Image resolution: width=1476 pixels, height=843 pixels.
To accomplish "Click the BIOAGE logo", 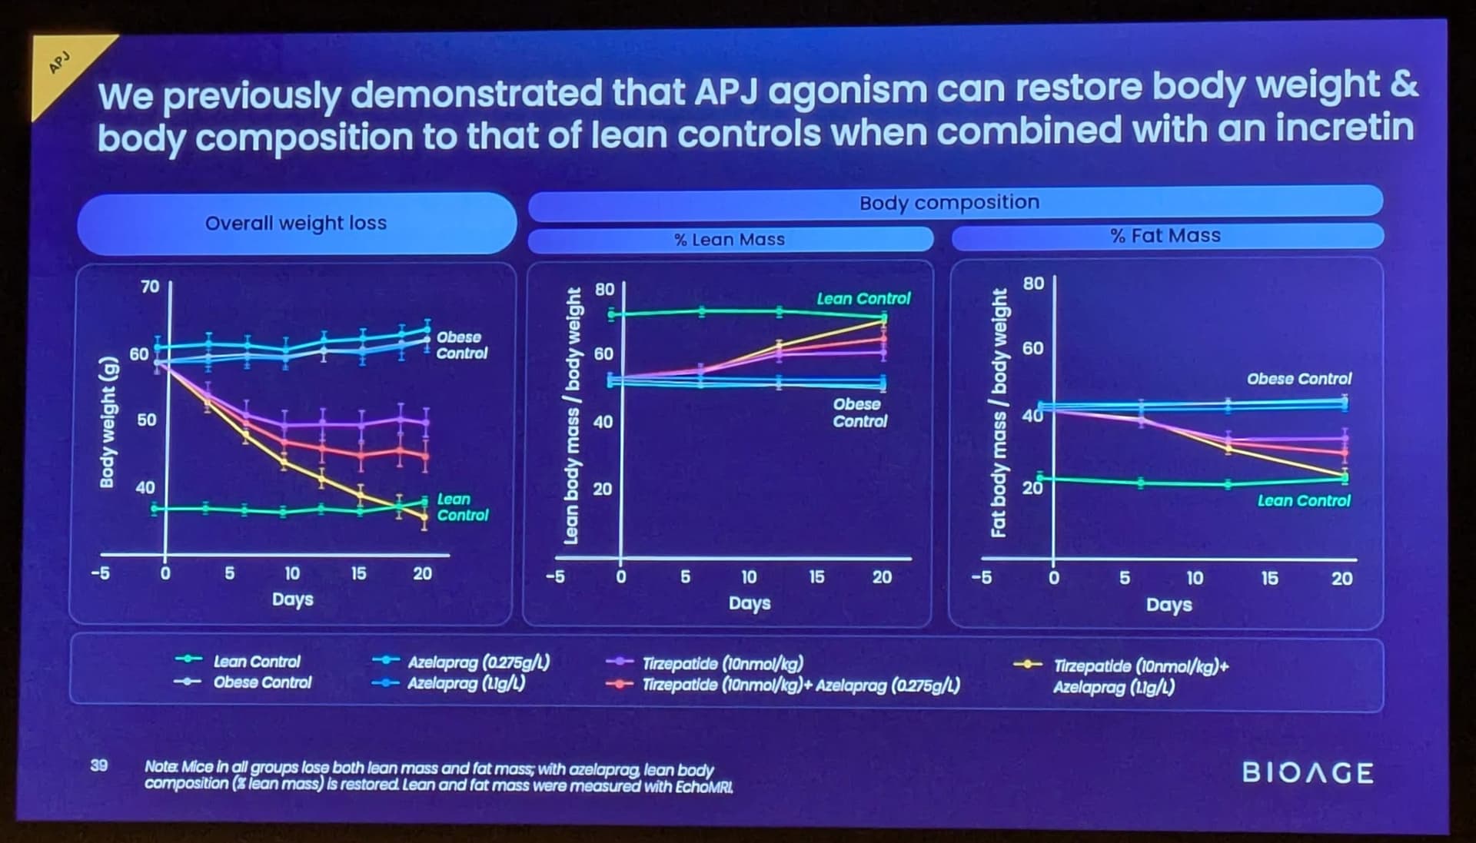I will (1307, 772).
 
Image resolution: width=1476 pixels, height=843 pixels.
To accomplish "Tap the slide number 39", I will (99, 765).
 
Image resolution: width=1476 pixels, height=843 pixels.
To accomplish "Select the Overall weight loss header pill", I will (296, 223).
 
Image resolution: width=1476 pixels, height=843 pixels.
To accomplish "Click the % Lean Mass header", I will (730, 240).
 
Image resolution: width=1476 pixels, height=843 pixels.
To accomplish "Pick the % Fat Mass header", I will (1165, 236).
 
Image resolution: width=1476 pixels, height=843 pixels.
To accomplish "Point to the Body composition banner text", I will (949, 203).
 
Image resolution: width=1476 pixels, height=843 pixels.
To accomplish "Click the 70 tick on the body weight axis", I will (149, 287).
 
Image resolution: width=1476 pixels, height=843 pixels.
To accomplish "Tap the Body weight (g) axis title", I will (108, 422).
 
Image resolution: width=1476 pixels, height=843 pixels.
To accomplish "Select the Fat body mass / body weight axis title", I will (999, 413).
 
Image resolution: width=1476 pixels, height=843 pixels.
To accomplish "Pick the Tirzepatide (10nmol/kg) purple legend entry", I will (722, 664).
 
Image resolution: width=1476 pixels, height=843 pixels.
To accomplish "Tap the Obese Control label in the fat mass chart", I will (1298, 379).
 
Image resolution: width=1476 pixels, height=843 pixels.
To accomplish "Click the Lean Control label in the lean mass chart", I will (863, 298).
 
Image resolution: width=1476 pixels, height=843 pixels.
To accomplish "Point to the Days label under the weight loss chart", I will (292, 599).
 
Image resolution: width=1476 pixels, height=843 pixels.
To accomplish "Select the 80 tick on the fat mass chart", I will (1033, 283).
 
